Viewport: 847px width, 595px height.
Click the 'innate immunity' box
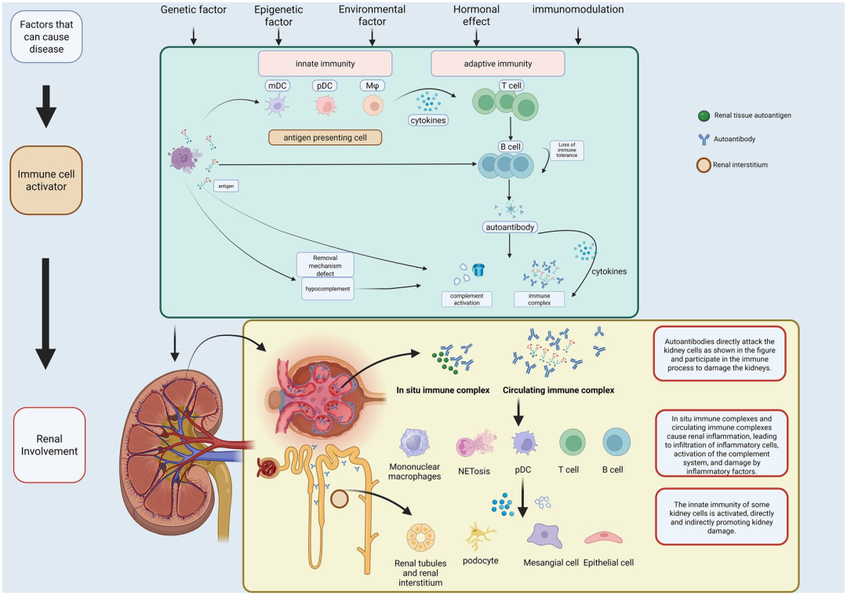[x=325, y=64]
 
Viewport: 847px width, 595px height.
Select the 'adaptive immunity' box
[x=497, y=64]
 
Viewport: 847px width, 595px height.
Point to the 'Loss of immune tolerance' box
[x=567, y=150]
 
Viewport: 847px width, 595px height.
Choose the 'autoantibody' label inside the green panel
[x=511, y=226]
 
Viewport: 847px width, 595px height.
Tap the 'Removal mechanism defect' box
[x=325, y=265]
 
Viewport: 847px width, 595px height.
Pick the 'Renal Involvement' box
[x=49, y=444]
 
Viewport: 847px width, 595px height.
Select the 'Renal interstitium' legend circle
[x=704, y=166]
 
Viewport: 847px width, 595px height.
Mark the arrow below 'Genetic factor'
[x=194, y=35]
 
